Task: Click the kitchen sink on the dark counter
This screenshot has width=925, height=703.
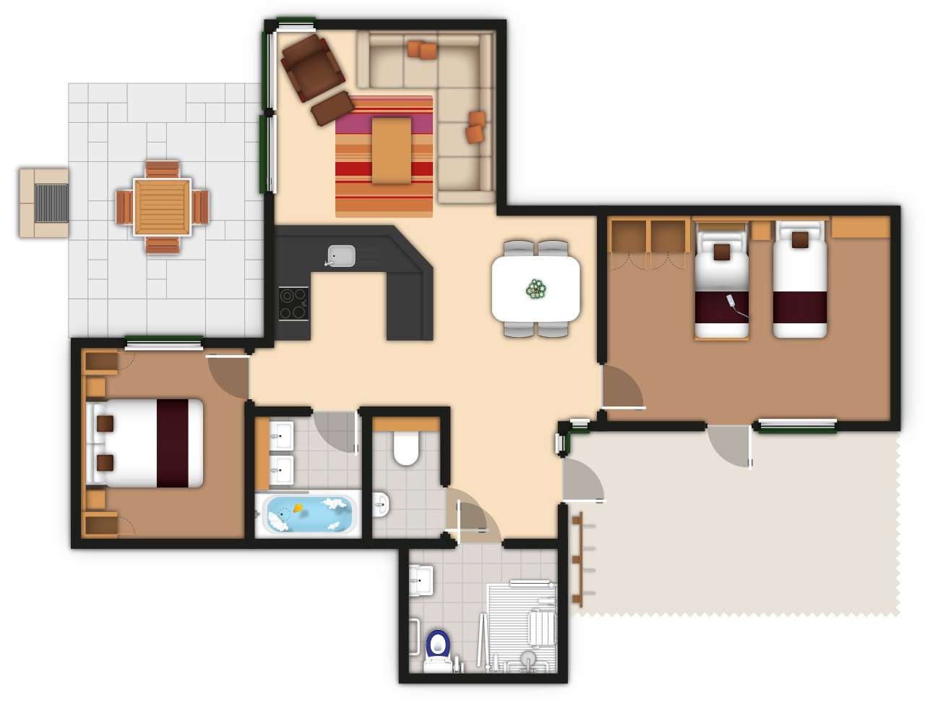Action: [x=341, y=255]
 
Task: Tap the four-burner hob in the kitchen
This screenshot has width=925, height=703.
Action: [x=294, y=304]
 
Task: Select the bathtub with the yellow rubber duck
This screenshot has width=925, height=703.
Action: [x=307, y=513]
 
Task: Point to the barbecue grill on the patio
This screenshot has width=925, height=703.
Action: [x=51, y=203]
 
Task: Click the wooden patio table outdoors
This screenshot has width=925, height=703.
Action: [x=162, y=206]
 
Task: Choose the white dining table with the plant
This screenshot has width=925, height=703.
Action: [x=535, y=289]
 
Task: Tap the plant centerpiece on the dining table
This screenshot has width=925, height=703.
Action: [x=535, y=289]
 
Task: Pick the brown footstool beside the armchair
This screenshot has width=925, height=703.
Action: [x=332, y=107]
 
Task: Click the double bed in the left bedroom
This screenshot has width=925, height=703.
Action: [x=145, y=443]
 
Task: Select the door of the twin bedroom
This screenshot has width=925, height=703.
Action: [x=620, y=389]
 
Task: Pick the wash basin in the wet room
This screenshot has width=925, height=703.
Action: [x=421, y=579]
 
